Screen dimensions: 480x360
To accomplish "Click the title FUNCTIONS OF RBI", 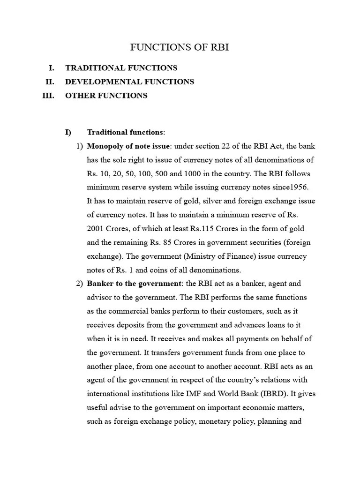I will (180, 47).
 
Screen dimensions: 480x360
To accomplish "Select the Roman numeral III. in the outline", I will (48, 95).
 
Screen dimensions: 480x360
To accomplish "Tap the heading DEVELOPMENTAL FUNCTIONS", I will (129, 82).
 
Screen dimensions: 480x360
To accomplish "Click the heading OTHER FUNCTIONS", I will (106, 95).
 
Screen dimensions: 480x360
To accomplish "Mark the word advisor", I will (100, 297).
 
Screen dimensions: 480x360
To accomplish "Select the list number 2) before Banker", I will (79, 284).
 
